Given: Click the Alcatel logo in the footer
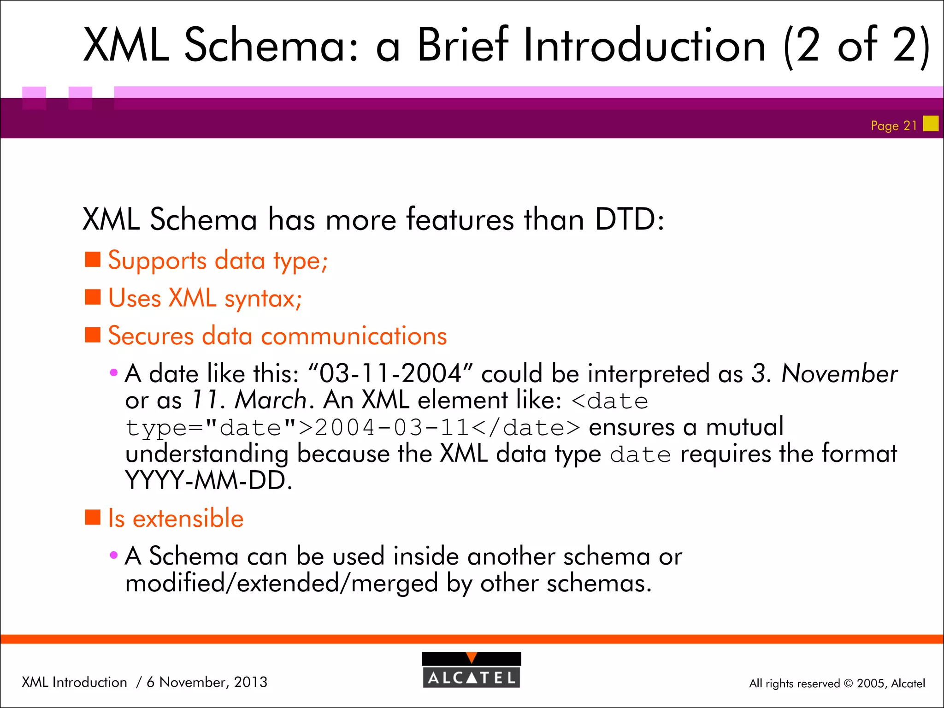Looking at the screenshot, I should click(x=471, y=670).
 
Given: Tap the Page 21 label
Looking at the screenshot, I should click(x=893, y=126).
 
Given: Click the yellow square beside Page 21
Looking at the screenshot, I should click(x=931, y=124).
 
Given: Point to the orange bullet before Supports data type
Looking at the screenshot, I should click(x=93, y=260).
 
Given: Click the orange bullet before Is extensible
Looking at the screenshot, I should click(x=93, y=517).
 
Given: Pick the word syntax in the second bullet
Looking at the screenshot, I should click(x=263, y=299).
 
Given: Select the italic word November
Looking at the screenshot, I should click(x=839, y=373).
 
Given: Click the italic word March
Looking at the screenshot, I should click(x=271, y=400).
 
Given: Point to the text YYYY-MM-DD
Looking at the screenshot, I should click(x=208, y=481).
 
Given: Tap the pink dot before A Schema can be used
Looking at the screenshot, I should click(x=113, y=555).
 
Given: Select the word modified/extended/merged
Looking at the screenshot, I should click(x=281, y=583).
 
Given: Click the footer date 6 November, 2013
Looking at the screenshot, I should click(x=206, y=682).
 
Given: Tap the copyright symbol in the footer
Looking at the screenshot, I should click(x=848, y=684).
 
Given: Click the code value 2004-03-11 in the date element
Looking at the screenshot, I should click(x=391, y=428).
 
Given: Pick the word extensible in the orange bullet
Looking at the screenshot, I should click(x=188, y=518).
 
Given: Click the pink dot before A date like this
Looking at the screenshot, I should click(x=113, y=372).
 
